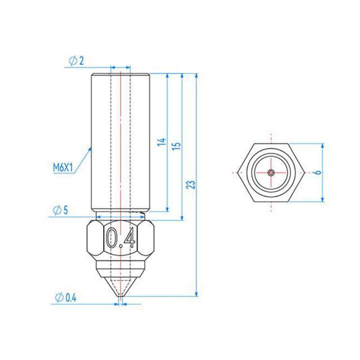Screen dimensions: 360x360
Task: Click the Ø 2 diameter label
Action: [x=76, y=61]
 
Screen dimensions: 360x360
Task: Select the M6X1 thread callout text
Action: [x=63, y=168]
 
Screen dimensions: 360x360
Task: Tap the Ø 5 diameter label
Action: [x=61, y=210]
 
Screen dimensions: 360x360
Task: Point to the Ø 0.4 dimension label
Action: [x=66, y=298]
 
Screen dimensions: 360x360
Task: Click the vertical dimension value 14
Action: [x=162, y=142]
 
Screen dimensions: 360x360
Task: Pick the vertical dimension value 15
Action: [x=176, y=146]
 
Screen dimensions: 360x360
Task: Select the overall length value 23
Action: [x=190, y=184]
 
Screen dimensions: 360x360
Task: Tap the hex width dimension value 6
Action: [x=318, y=172]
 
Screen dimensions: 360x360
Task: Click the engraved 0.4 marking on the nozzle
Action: [x=121, y=238]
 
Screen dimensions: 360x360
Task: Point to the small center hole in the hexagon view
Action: [x=271, y=172]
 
